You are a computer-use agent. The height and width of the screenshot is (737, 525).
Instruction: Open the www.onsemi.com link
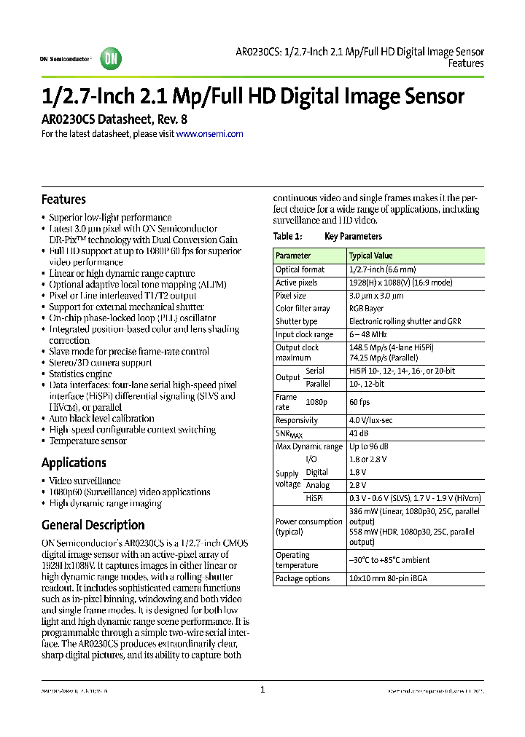click(210, 134)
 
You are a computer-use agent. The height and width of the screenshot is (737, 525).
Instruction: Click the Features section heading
click(63, 200)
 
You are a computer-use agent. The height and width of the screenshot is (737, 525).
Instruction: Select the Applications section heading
click(74, 462)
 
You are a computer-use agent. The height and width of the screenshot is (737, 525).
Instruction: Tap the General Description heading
click(93, 525)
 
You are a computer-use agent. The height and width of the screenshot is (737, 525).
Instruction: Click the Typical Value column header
click(371, 256)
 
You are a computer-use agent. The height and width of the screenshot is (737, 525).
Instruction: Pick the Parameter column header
click(293, 256)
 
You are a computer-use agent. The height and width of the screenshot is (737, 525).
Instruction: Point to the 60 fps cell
click(359, 402)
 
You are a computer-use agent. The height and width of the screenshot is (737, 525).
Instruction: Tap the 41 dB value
click(359, 433)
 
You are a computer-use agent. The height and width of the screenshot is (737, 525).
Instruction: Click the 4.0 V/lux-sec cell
click(372, 420)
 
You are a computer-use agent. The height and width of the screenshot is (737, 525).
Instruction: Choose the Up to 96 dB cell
click(369, 446)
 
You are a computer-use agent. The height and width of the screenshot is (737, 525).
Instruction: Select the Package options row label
click(303, 578)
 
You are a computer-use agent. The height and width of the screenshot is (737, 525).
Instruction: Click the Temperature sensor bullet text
click(87, 441)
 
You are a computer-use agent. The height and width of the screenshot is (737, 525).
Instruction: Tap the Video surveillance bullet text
click(85, 481)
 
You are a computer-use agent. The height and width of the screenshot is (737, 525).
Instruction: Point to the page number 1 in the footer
click(262, 690)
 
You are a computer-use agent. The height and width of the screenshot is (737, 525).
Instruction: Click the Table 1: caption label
click(287, 237)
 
